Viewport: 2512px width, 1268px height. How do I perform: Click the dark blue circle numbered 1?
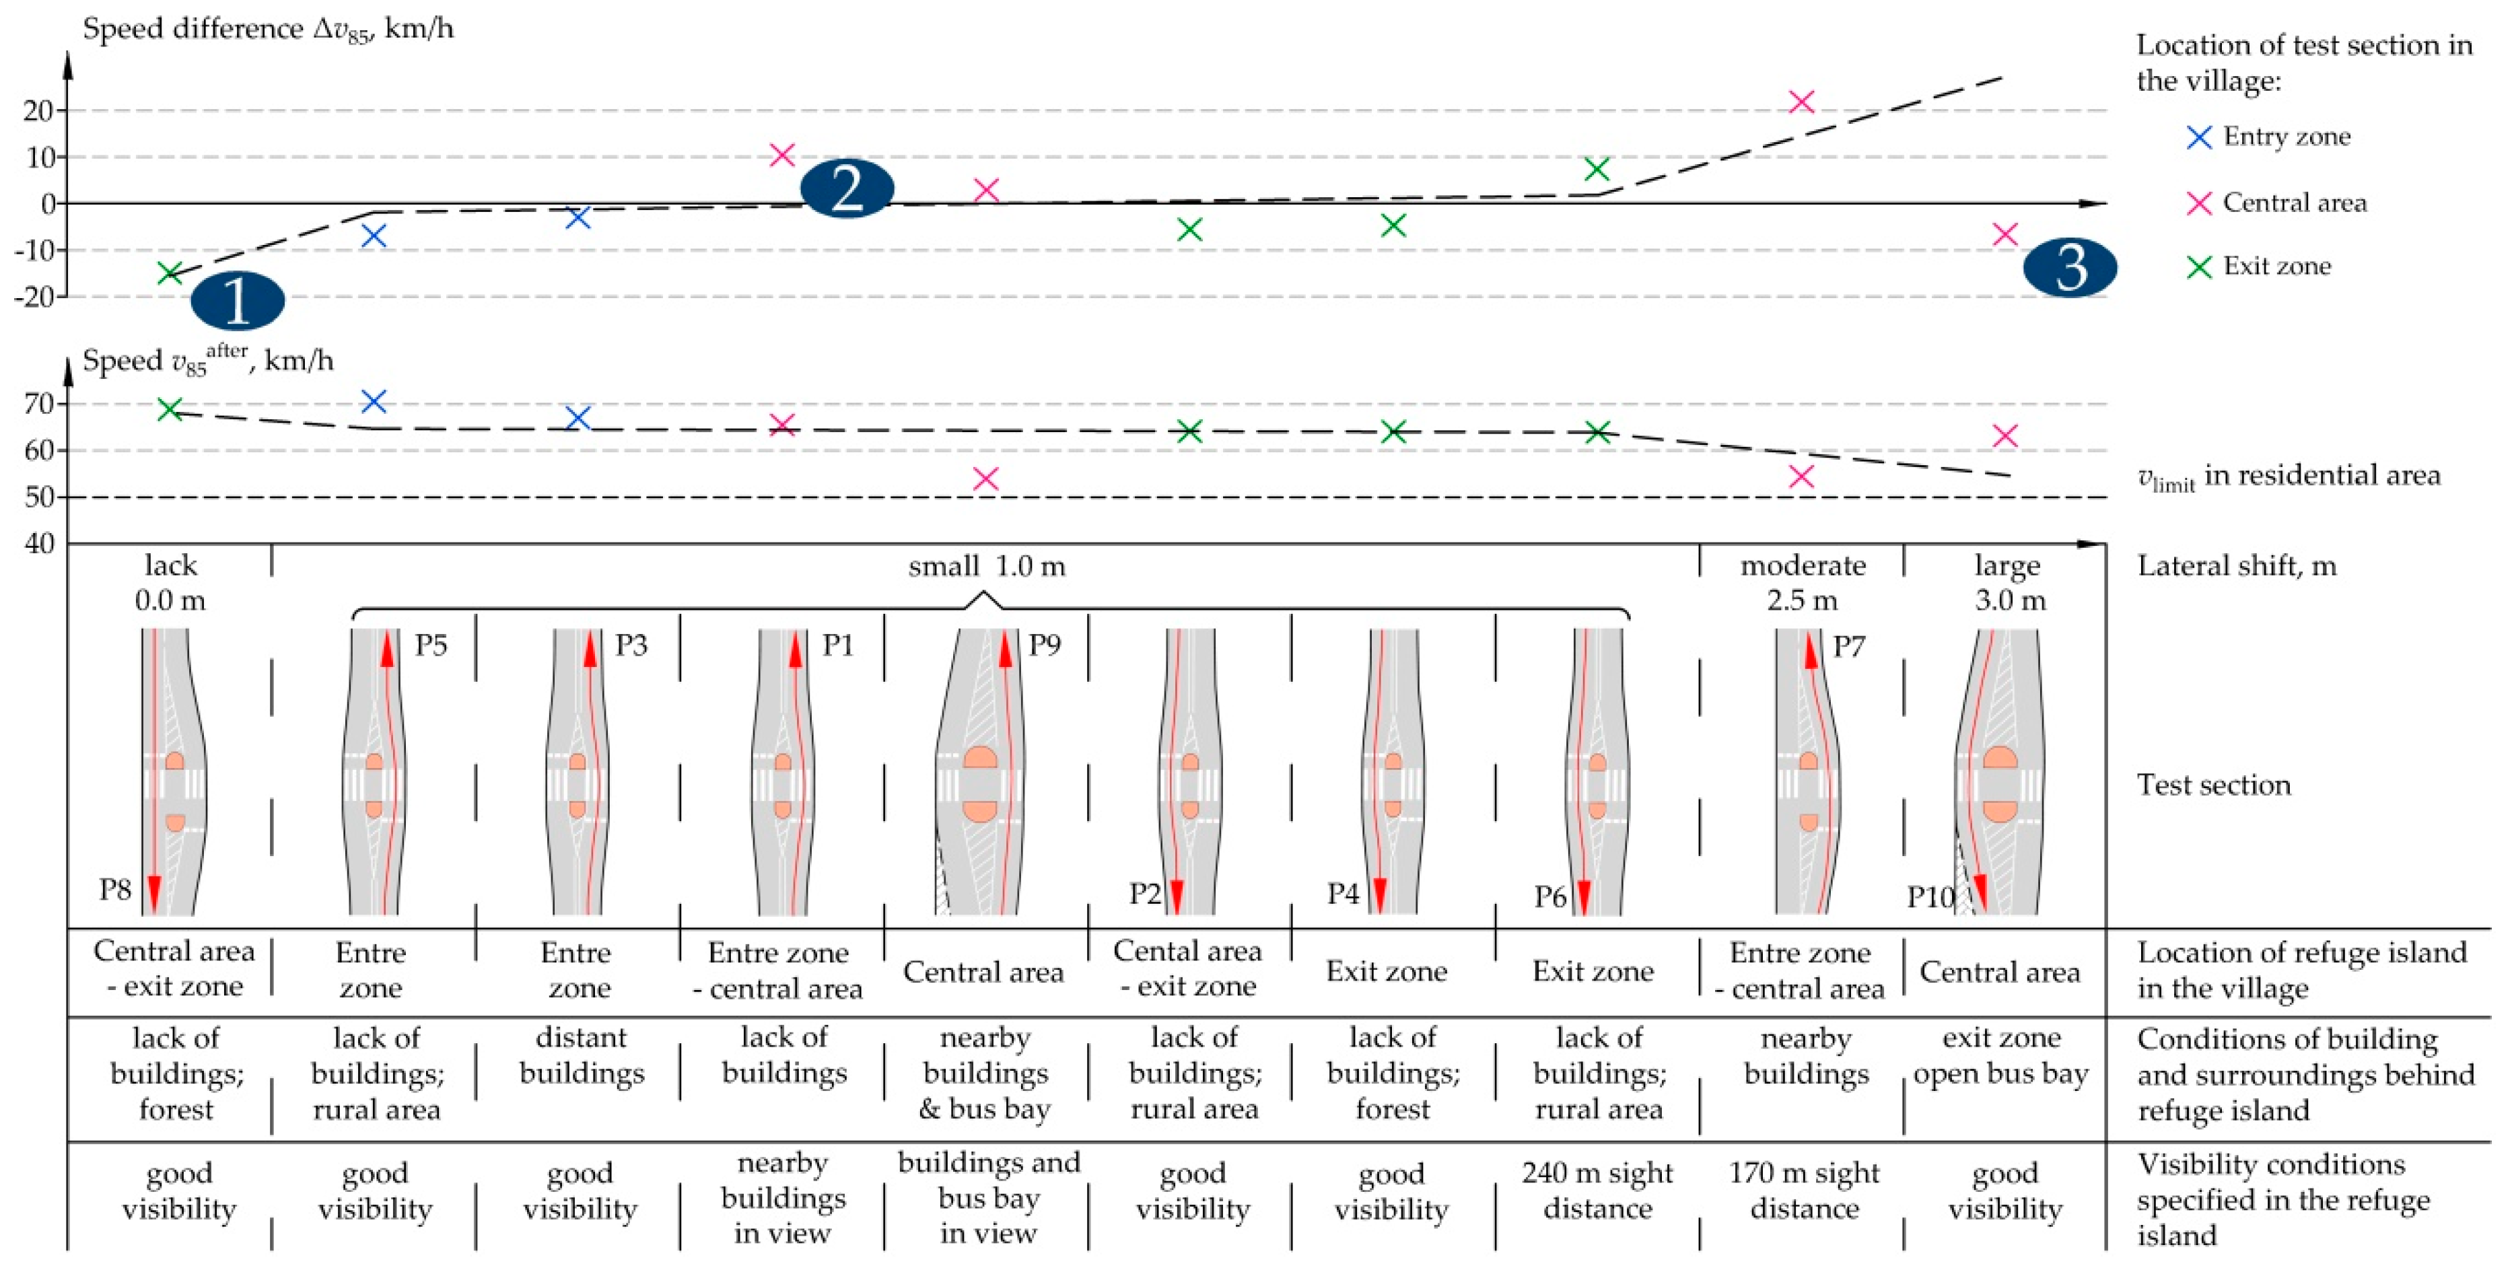(x=237, y=302)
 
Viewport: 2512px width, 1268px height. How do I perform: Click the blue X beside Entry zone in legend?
(x=2199, y=137)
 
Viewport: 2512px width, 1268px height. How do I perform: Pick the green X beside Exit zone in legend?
(x=2199, y=267)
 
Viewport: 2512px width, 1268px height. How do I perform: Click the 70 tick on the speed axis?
(x=40, y=404)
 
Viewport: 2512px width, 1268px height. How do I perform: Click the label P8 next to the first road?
(x=115, y=890)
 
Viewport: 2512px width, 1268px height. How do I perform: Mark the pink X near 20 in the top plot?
(x=1801, y=102)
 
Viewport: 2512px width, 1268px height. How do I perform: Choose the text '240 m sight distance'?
(x=1597, y=1190)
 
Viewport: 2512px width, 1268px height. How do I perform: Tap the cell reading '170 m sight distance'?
(x=1803, y=1190)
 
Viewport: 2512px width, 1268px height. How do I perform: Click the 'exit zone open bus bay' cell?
(x=2001, y=1055)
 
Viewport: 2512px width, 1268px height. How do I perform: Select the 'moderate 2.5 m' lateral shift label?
(x=1802, y=582)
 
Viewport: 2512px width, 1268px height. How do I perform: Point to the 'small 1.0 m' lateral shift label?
(x=986, y=567)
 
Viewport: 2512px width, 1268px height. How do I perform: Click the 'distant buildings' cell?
(x=581, y=1055)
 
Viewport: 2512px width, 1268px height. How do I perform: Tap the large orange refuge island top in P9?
(x=979, y=760)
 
